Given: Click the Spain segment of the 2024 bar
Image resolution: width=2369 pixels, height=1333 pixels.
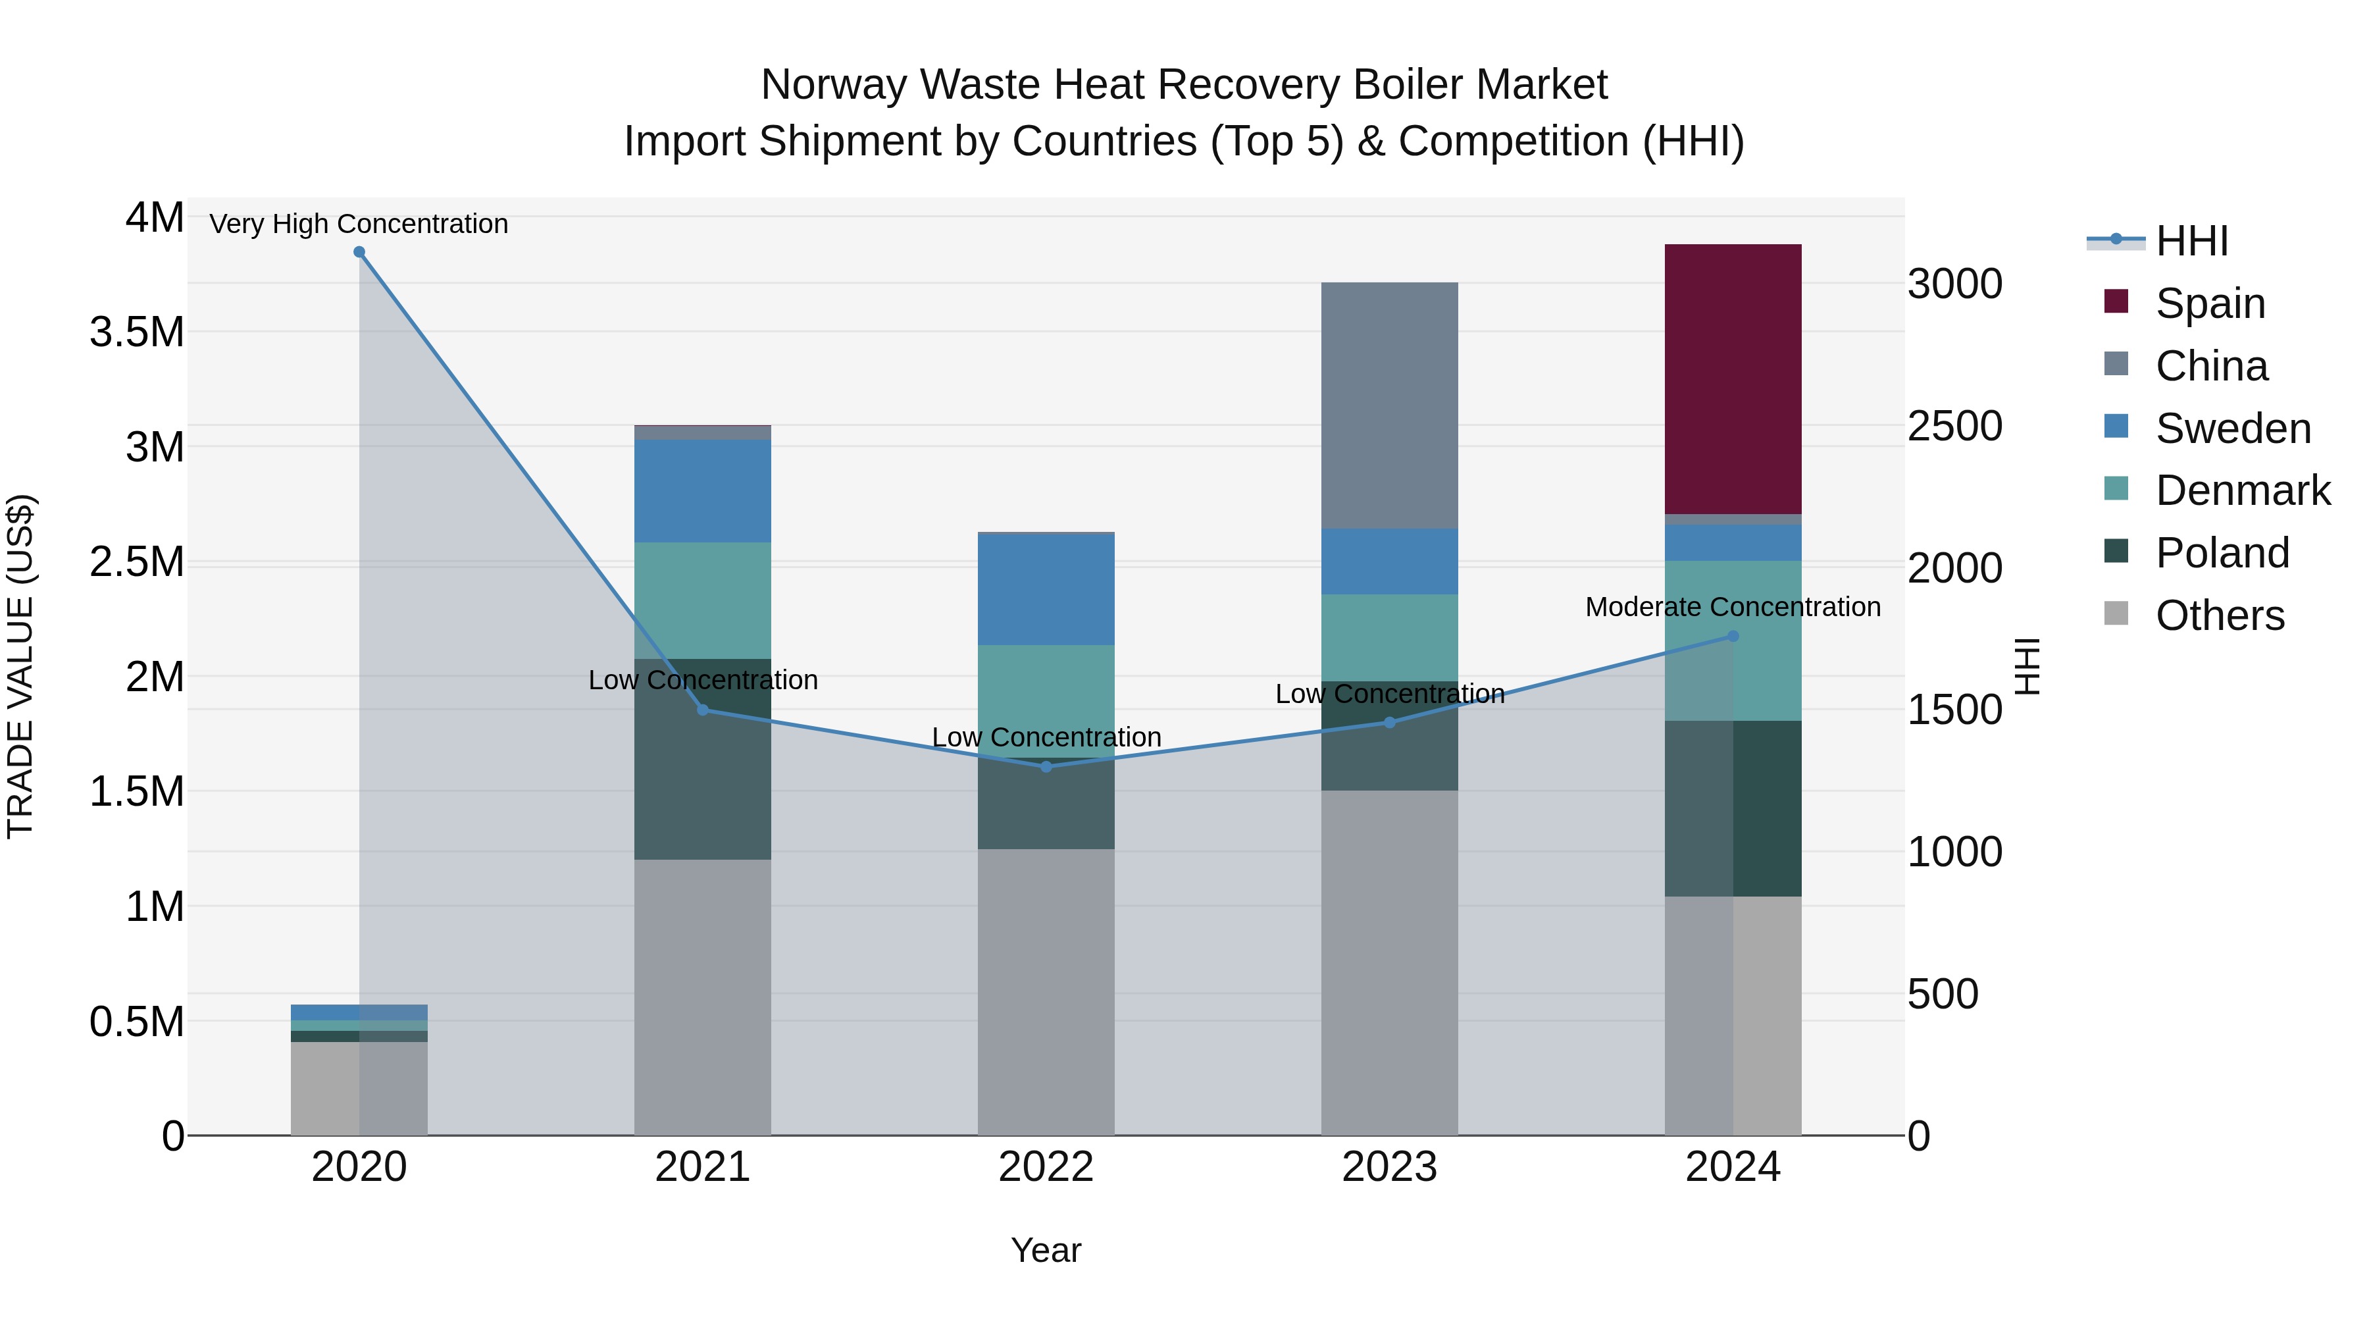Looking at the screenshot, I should [1733, 379].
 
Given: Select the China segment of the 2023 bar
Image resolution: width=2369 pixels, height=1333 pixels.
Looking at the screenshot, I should [1388, 405].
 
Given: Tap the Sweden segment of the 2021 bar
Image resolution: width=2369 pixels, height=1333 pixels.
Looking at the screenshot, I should [703, 490].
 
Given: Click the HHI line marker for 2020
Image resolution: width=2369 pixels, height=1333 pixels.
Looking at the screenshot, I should [359, 252].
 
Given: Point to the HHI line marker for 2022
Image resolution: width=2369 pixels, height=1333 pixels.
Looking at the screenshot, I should [1046, 766].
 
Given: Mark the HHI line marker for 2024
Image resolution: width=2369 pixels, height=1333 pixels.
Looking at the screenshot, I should [1733, 636].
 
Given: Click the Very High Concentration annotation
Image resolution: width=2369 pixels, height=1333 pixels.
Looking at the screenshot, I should [359, 224].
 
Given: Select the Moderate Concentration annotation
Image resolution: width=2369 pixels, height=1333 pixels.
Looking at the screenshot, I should [1733, 607].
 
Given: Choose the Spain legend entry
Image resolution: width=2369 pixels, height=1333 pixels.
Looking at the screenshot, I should [2209, 303].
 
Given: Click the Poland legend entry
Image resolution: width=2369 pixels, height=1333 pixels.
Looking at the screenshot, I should [2222, 553].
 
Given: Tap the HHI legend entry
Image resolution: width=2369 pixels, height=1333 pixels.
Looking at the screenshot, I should [2191, 241].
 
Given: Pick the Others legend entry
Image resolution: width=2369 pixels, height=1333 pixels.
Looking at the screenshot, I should [2219, 615].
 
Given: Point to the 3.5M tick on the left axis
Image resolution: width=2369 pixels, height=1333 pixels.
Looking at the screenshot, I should [136, 332].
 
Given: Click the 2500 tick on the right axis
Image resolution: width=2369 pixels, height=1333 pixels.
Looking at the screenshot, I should [1954, 426].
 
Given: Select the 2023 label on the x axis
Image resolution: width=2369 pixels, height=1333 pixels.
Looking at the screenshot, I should [1388, 1167].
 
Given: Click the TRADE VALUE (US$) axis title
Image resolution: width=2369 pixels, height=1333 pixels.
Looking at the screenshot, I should [20, 666].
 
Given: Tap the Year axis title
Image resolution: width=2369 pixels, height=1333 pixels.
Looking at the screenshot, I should [1046, 1250].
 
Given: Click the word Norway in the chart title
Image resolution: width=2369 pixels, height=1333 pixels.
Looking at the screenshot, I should [833, 85].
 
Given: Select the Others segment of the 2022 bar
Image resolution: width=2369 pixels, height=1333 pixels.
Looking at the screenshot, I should [1046, 992].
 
